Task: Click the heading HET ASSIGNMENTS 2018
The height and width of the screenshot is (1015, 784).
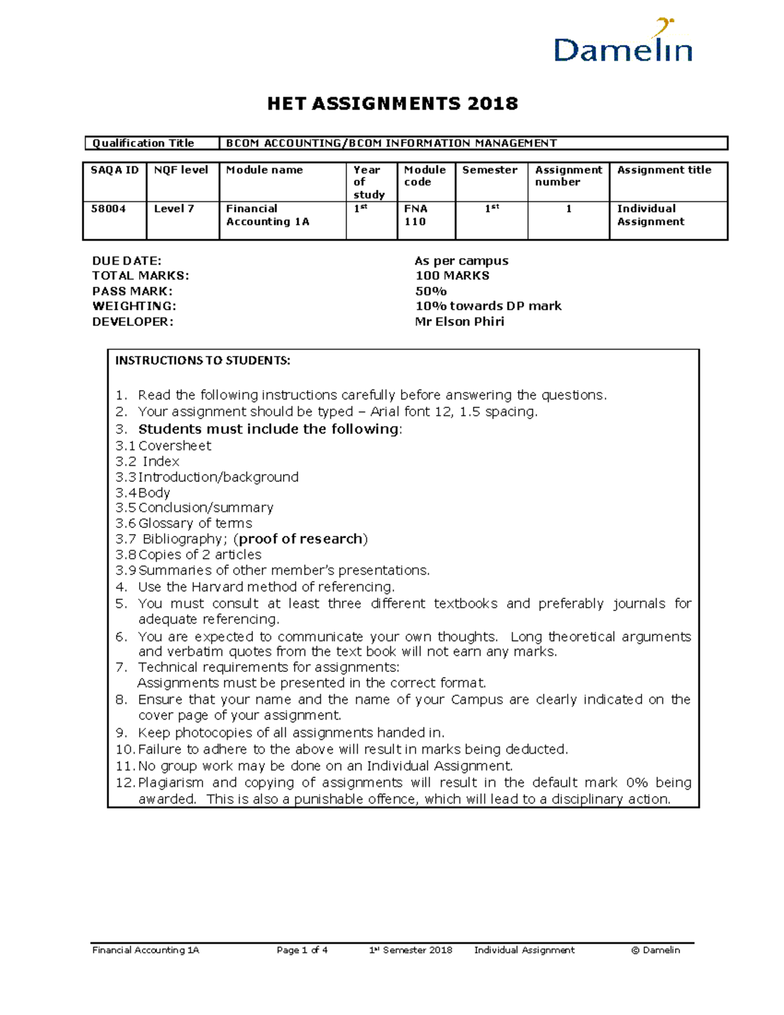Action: [x=392, y=103]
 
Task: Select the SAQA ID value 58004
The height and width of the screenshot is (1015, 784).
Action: [x=108, y=209]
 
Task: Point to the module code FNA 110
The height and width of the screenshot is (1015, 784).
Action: [x=416, y=215]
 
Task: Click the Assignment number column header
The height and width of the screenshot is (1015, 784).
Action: [x=568, y=176]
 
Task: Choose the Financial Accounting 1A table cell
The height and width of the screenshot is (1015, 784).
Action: [x=267, y=215]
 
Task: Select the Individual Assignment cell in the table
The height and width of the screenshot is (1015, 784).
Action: [x=651, y=215]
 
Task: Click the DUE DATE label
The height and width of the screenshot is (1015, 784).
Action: [x=127, y=261]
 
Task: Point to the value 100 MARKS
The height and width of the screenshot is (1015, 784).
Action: [x=452, y=276]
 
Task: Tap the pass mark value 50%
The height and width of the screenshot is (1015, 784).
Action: [x=431, y=291]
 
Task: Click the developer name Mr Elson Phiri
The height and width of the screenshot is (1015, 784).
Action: [x=460, y=322]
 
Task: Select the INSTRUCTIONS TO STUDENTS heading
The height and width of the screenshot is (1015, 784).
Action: [x=203, y=361]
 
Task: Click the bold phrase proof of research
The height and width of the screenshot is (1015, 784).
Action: [x=301, y=539]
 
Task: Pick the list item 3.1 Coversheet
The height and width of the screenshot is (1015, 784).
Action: [x=163, y=446]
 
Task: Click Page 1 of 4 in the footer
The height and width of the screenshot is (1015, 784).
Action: [x=302, y=950]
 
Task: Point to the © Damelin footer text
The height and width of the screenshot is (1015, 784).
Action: [x=655, y=950]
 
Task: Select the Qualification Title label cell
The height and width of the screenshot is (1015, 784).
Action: [x=143, y=143]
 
